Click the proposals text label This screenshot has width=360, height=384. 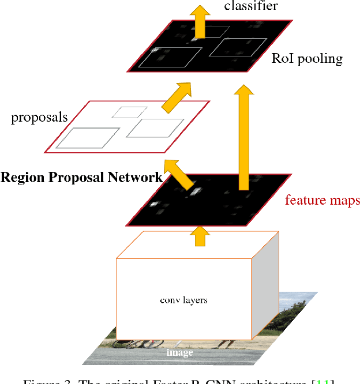(x=39, y=118)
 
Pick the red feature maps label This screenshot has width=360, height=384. (x=322, y=200)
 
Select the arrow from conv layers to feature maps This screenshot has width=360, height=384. (x=200, y=236)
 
